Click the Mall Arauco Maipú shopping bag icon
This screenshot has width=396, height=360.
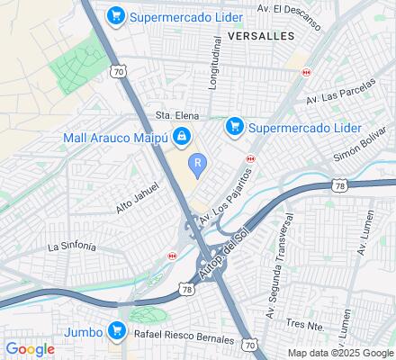[x=182, y=138]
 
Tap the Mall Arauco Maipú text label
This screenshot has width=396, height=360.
[x=116, y=138]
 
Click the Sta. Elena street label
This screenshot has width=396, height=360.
[x=175, y=114]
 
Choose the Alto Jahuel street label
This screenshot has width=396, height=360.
[x=137, y=200]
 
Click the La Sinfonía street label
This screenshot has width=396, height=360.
[x=72, y=246]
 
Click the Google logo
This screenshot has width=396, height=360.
[x=30, y=349]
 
